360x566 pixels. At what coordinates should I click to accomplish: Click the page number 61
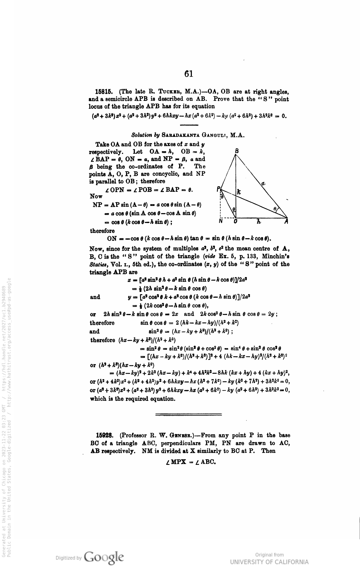[189, 74]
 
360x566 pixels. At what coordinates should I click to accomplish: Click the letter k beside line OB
[239, 192]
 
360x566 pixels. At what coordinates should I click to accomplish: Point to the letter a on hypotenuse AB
[264, 184]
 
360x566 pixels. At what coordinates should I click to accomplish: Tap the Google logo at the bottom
[105, 556]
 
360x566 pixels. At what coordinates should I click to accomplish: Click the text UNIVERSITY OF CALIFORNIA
[269, 562]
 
